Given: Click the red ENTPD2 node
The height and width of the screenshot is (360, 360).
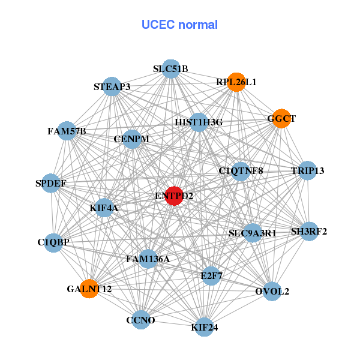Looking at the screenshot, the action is pos(173,196).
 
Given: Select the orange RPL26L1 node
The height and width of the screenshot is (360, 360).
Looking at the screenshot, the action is pos(236,82).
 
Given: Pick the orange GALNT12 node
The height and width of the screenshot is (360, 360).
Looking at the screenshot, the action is pos(89,289).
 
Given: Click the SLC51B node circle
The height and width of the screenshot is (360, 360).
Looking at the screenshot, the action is pos(170,68).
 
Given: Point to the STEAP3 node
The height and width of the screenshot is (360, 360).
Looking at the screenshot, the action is pos(112,86).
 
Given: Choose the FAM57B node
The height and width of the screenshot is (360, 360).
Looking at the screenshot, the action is pos(67,131).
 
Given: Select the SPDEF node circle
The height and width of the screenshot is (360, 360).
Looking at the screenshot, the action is pos(51,182).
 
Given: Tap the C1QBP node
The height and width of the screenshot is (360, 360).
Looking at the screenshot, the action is pos(53,242).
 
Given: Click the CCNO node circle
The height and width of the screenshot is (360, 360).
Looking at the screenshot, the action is pos(140,320).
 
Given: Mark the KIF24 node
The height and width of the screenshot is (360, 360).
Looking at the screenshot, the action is pos(204,328).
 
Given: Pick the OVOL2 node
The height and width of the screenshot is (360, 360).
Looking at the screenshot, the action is pos(272,292).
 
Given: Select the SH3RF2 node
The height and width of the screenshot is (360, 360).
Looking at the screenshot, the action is pos(309,231).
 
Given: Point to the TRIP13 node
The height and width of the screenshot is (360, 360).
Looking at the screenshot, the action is pos(307,171).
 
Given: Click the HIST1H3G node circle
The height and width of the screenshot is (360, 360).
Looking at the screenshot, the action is pos(199,122).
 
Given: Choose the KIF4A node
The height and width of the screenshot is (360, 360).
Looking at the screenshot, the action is pos(104,208).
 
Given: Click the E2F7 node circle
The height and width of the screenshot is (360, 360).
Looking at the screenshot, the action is pos(211,276).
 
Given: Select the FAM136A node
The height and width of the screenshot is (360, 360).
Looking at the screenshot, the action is pos(148,259).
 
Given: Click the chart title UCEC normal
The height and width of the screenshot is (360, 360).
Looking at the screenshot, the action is pos(179,25).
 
